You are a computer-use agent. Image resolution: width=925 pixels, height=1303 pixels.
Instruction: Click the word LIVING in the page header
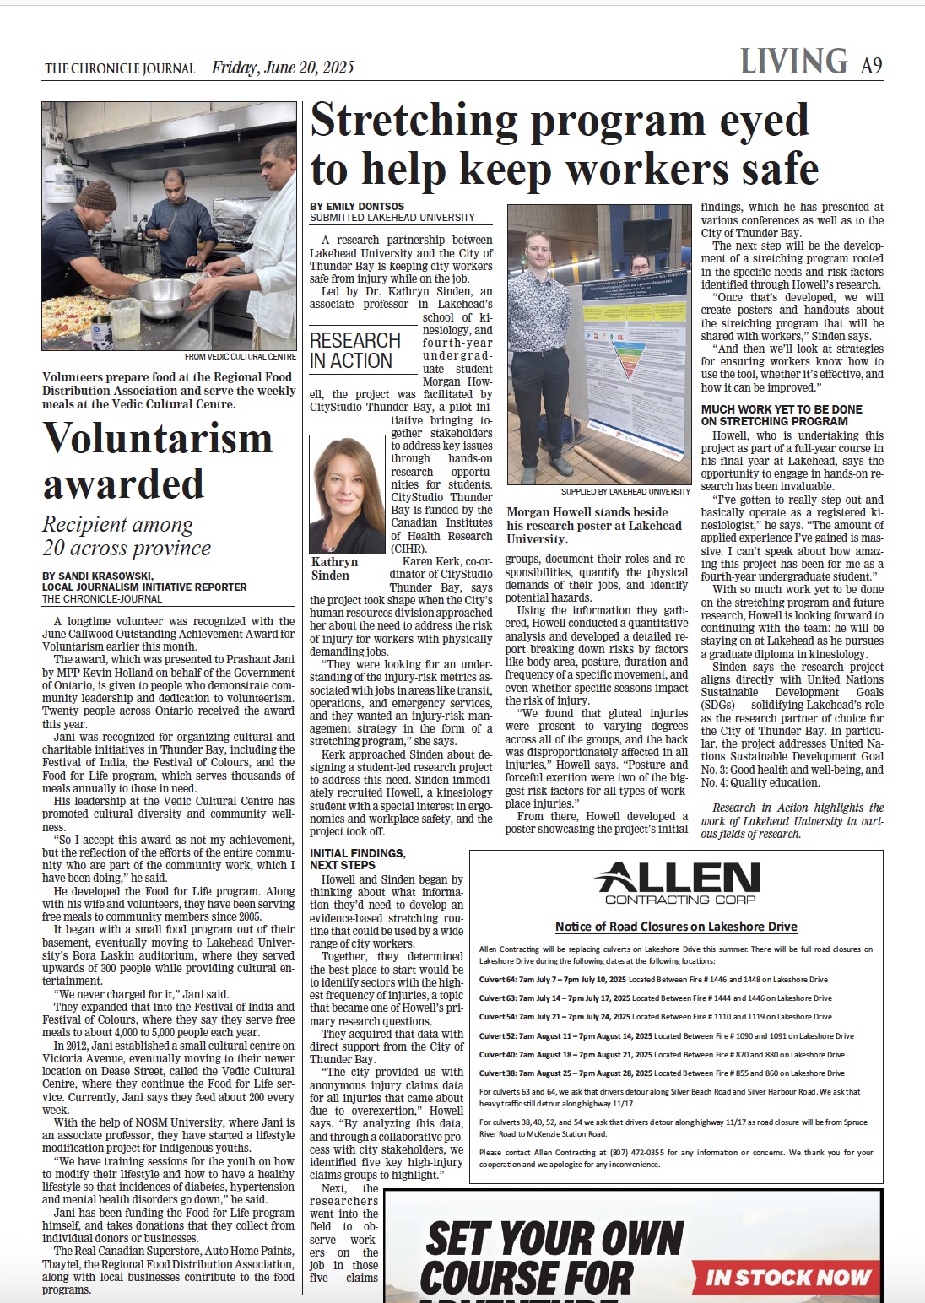(793, 62)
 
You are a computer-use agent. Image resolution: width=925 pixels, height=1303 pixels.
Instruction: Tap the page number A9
(871, 65)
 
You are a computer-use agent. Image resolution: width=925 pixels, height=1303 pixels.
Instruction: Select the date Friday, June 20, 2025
(283, 68)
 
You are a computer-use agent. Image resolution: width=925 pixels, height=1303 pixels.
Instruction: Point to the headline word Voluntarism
(158, 438)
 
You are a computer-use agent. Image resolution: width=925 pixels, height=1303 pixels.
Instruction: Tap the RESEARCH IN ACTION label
(355, 350)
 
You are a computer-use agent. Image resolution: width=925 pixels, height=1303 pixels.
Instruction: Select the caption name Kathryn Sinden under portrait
(335, 568)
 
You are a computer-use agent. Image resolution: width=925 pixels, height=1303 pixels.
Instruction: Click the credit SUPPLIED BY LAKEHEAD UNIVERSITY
(625, 491)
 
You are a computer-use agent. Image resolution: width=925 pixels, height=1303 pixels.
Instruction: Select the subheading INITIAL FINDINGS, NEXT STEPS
(358, 859)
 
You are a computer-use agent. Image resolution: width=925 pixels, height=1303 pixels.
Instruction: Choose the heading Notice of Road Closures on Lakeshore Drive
(676, 926)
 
